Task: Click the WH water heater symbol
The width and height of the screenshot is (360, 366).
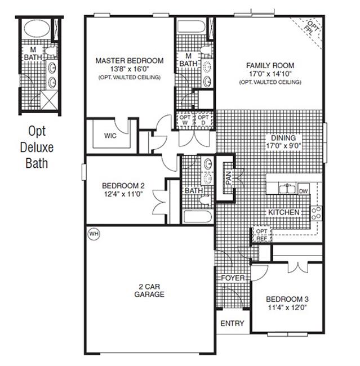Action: [x=94, y=234]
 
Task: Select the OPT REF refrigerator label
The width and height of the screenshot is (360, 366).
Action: [x=261, y=235]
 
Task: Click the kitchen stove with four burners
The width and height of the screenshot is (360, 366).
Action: [x=316, y=213]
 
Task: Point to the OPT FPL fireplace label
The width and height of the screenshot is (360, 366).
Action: [x=312, y=28]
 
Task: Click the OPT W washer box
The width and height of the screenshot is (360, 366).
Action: [x=185, y=120]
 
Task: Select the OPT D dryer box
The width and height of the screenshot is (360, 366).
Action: [x=203, y=120]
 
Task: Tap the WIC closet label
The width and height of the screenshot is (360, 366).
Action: [x=110, y=136]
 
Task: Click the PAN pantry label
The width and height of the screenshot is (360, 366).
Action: [x=229, y=178]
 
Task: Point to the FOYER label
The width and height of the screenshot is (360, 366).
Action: [x=233, y=278]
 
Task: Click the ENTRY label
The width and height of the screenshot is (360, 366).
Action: [x=232, y=323]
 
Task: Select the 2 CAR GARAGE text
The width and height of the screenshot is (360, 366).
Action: [x=149, y=290]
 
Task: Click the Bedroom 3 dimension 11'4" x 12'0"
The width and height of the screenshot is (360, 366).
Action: [x=287, y=307]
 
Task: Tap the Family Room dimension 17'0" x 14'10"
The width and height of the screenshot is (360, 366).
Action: [x=270, y=74]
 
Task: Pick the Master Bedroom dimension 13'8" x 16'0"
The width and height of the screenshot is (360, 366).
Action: [x=130, y=69]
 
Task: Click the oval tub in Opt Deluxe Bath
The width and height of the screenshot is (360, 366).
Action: [x=37, y=28]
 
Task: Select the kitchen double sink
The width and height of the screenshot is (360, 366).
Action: [x=287, y=188]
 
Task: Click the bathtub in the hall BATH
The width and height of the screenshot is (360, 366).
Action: [x=198, y=217]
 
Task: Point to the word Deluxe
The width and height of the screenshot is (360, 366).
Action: [x=37, y=148]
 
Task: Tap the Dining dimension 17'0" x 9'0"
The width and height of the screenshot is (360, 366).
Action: [x=283, y=146]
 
